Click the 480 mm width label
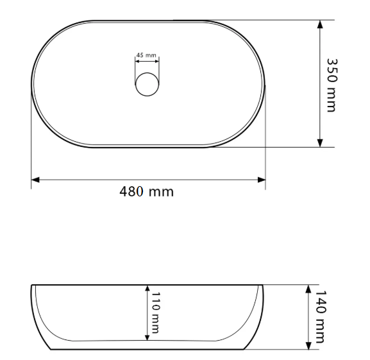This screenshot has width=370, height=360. pyautogui.click(x=147, y=191)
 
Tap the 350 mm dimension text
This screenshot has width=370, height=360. pyautogui.click(x=332, y=85)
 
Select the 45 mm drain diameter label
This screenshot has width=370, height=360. pyautogui.click(x=146, y=55)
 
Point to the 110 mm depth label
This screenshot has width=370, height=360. pyautogui.click(x=155, y=313)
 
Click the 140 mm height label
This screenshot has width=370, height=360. pyautogui.click(x=321, y=316)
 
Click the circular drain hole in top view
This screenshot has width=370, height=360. pyautogui.click(x=147, y=84)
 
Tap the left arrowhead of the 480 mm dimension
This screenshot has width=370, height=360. pyautogui.click(x=35, y=180)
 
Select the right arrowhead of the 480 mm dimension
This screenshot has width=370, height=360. pyautogui.click(x=262, y=180)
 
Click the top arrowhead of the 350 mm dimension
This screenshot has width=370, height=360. pyautogui.click(x=320, y=24)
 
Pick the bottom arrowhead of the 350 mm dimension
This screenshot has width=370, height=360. pyautogui.click(x=320, y=143)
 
